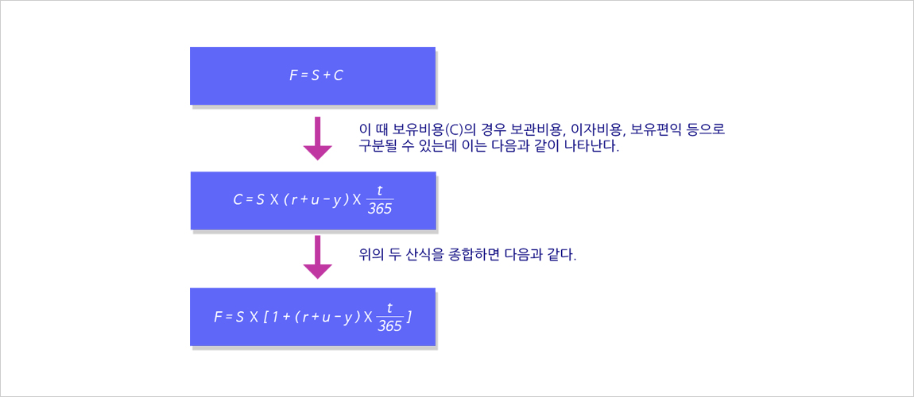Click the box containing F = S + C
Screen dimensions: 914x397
[312, 75]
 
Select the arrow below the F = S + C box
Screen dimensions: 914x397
[318, 138]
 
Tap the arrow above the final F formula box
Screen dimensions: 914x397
[318, 257]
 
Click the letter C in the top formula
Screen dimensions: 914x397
[338, 75]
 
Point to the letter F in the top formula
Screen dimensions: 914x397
[293, 75]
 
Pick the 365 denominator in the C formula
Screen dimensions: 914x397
[380, 209]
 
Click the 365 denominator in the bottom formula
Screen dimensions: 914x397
[389, 326]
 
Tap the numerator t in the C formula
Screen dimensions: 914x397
[380, 190]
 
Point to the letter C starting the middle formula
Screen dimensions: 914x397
[238, 200]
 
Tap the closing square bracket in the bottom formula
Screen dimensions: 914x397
[410, 318]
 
